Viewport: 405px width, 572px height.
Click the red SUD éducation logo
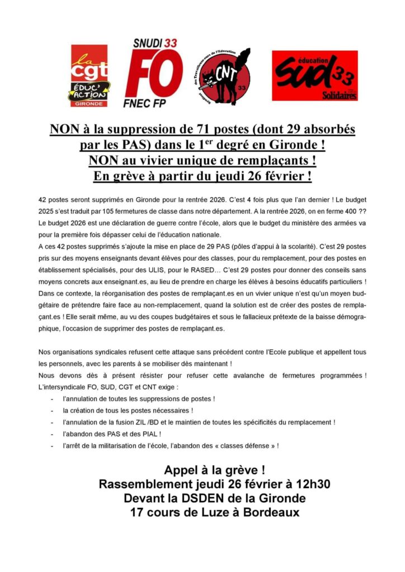314,76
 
